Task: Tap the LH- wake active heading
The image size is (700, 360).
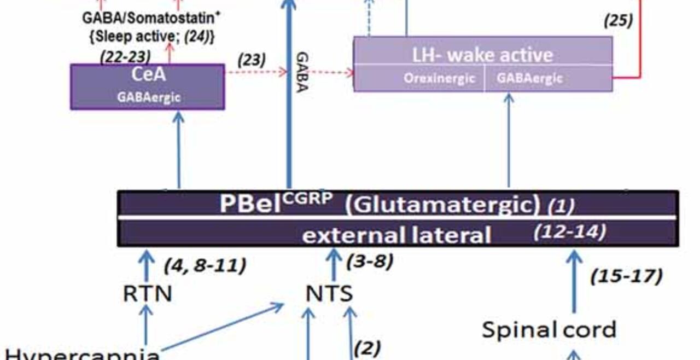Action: [x=482, y=54]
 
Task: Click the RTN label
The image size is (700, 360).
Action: [x=147, y=294]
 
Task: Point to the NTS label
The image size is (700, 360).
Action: [x=329, y=294]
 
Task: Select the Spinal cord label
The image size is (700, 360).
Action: [x=549, y=329]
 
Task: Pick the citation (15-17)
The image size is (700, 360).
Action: [x=626, y=276]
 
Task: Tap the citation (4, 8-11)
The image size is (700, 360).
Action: [x=205, y=266]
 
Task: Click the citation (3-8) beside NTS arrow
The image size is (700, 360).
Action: [x=370, y=261]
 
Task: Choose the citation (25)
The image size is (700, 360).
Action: [x=618, y=21]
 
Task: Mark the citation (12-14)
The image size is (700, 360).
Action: [x=569, y=232]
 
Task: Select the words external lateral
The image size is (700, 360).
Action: [x=396, y=235]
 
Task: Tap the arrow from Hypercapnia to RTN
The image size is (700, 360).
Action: [x=146, y=325]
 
